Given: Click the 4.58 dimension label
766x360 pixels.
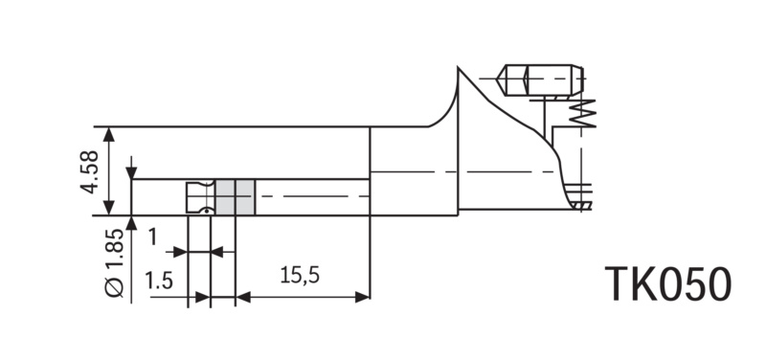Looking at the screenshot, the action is click(89, 172).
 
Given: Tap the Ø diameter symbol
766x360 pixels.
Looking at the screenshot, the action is click(115, 288).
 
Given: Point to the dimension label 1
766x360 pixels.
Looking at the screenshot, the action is click(153, 236).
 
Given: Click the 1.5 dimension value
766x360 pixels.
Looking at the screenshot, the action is click(159, 281).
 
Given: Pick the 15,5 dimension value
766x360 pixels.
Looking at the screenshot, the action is click(300, 276).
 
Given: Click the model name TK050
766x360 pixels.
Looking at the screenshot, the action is click(668, 284).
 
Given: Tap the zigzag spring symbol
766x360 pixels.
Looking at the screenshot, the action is click(582, 113).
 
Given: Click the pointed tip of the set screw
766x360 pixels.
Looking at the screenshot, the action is click(497, 79).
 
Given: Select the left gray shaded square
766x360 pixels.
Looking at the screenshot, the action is click(225, 197).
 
